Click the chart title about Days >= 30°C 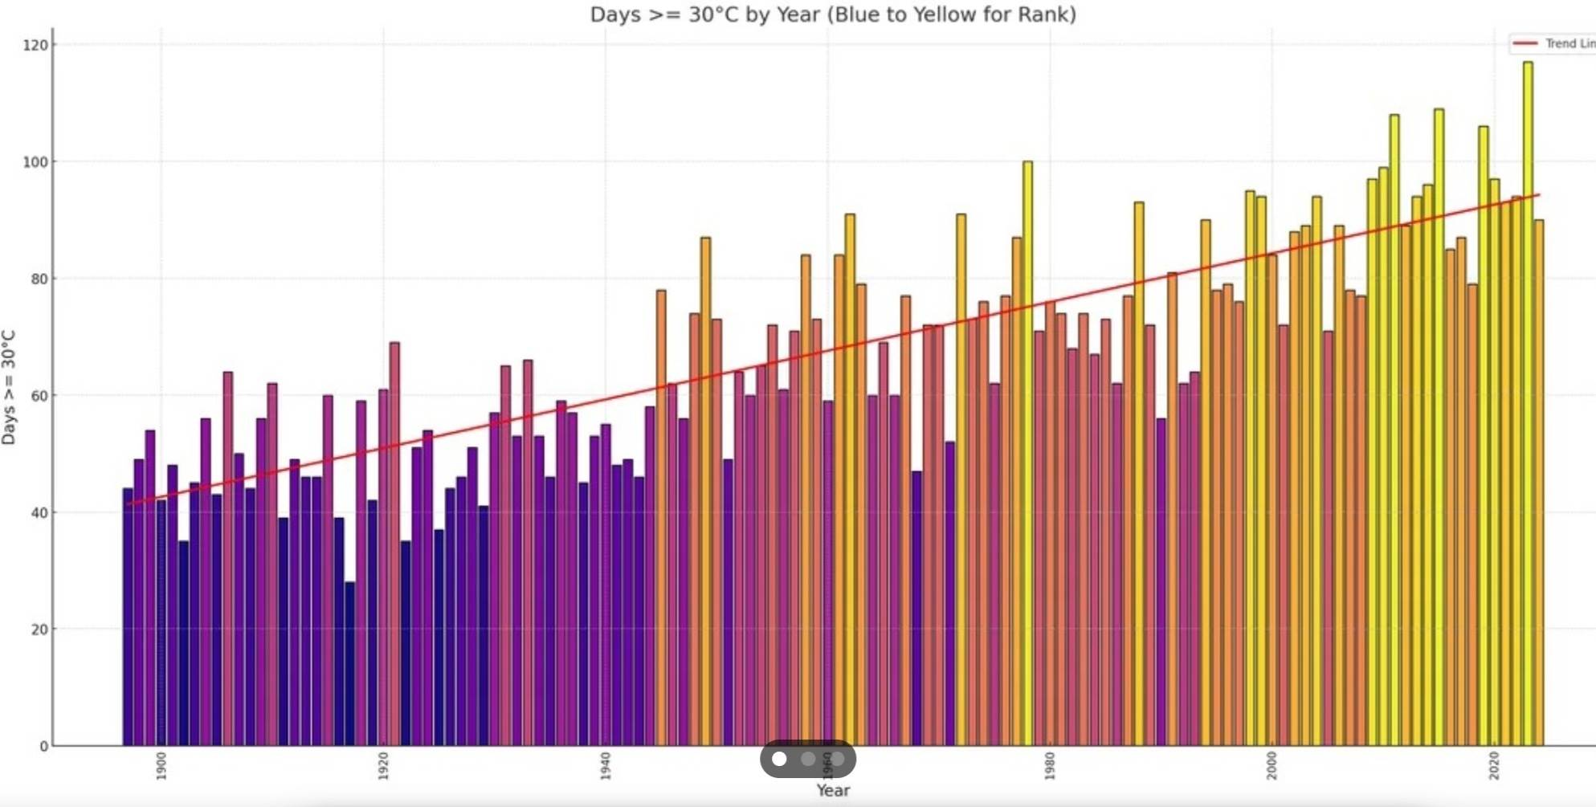(x=832, y=14)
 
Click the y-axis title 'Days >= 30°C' (x=9, y=387)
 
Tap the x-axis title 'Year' (x=833, y=790)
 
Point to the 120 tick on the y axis (x=35, y=45)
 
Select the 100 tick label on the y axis (x=35, y=162)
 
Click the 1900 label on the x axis (x=161, y=765)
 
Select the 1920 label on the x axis (x=383, y=765)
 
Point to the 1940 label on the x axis (x=606, y=765)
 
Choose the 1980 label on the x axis (x=1050, y=765)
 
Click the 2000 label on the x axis (x=1271, y=765)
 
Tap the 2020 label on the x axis (x=1494, y=765)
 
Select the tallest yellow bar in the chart (x=1528, y=401)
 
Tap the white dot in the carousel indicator (x=779, y=759)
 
